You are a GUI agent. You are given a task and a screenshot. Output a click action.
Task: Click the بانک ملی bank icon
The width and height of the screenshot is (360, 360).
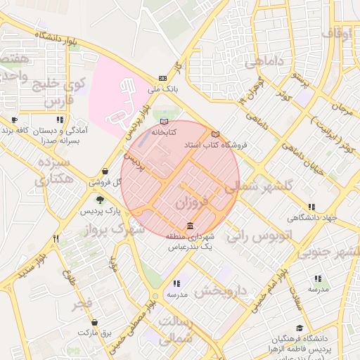[x=163, y=78]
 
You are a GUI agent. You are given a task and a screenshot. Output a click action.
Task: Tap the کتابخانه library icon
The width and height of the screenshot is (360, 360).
[x=164, y=121]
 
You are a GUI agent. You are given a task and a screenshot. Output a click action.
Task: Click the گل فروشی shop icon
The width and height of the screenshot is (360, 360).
[x=105, y=171]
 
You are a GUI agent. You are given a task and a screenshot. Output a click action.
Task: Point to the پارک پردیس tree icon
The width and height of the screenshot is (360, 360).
[x=100, y=200]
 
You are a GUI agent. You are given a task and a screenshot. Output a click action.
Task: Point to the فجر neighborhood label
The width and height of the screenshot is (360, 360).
[x=82, y=305]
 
